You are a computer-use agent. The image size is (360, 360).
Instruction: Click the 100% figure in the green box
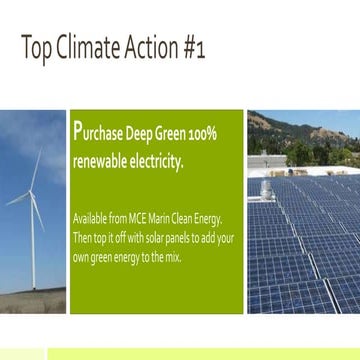pyautogui.click(x=202, y=134)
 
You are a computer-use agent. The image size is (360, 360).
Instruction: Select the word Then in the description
pyautogui.click(x=83, y=238)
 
